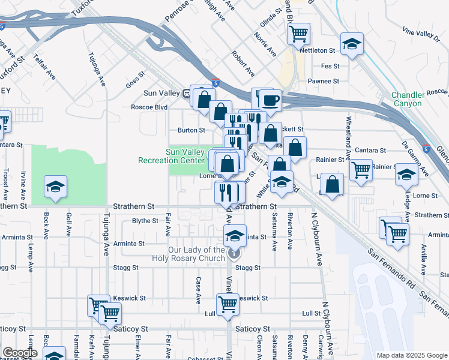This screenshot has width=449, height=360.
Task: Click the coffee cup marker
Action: click(x=270, y=101)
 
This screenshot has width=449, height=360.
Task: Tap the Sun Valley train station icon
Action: click(x=187, y=94)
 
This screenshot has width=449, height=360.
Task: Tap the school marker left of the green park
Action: click(x=55, y=187)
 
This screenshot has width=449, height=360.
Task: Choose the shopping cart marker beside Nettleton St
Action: click(x=298, y=34)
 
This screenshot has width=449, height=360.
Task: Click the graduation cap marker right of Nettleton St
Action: click(x=352, y=43)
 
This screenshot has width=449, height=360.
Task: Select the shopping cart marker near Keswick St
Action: click(x=228, y=304)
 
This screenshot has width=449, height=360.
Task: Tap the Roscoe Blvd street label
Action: click(x=149, y=108)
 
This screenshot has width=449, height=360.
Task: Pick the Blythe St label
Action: click(x=145, y=221)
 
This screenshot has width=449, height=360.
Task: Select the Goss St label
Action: click(x=136, y=80)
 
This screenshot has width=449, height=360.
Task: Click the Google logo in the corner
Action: click(x=20, y=353)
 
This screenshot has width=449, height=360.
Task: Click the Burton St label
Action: click(x=191, y=130)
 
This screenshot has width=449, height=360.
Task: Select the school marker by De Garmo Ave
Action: click(x=406, y=175)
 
